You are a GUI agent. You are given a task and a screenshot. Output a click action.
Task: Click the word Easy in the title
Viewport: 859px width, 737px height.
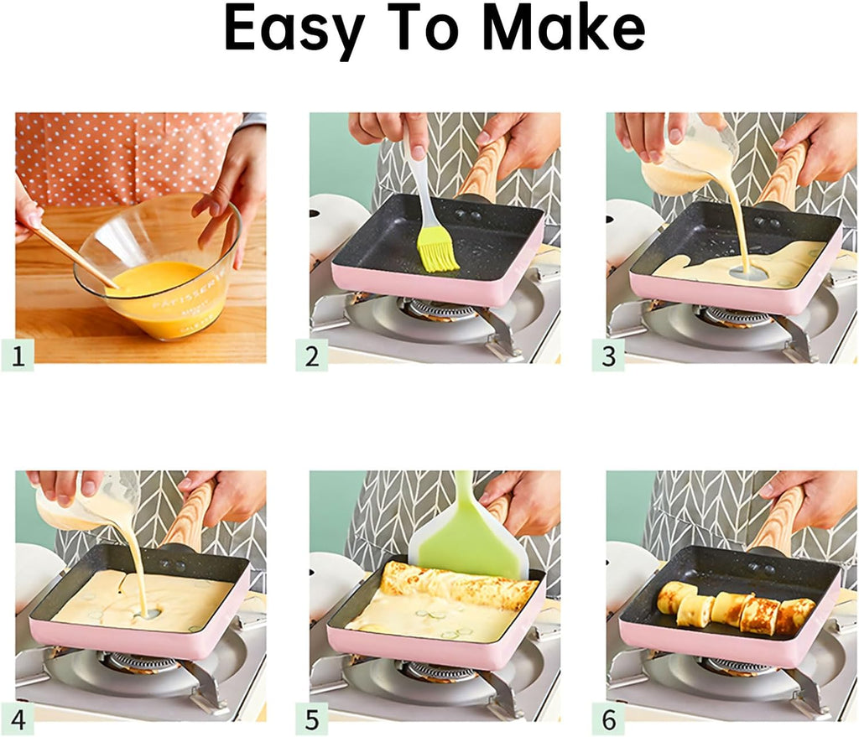298,29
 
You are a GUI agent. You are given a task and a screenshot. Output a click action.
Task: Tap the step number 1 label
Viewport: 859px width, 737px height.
23,356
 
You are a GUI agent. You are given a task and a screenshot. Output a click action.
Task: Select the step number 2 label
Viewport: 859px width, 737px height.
312,356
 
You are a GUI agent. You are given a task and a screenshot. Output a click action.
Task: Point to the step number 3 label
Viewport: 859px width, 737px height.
608,356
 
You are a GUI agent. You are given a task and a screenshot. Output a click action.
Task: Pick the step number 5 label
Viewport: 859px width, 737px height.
312,719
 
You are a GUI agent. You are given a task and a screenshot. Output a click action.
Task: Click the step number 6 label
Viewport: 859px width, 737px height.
608,719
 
